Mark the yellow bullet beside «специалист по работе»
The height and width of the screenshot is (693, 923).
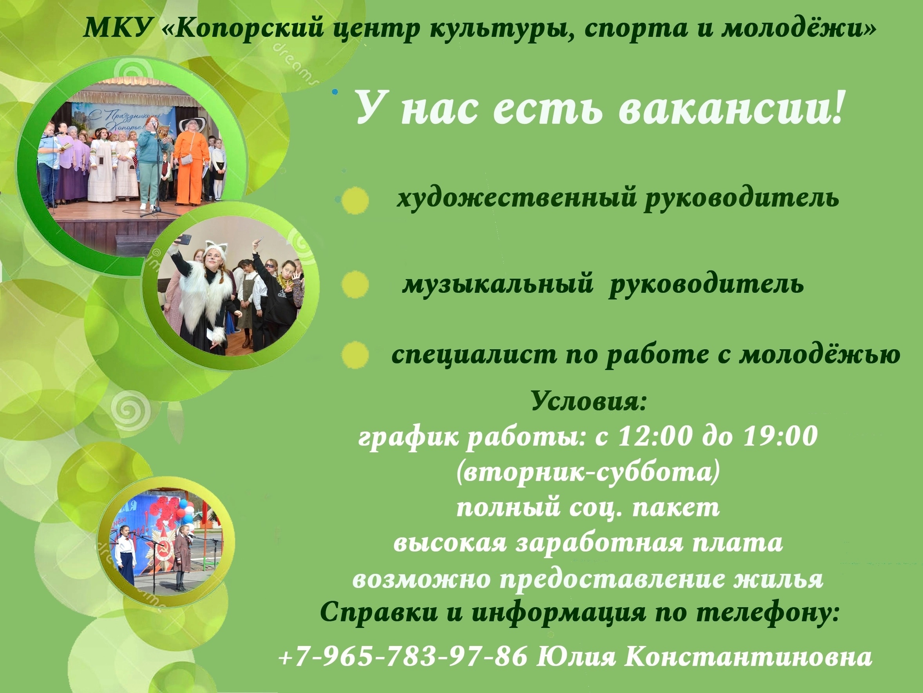point(355,355)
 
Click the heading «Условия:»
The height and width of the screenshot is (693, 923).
point(589,402)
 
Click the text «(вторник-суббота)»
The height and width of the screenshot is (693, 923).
point(588,473)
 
